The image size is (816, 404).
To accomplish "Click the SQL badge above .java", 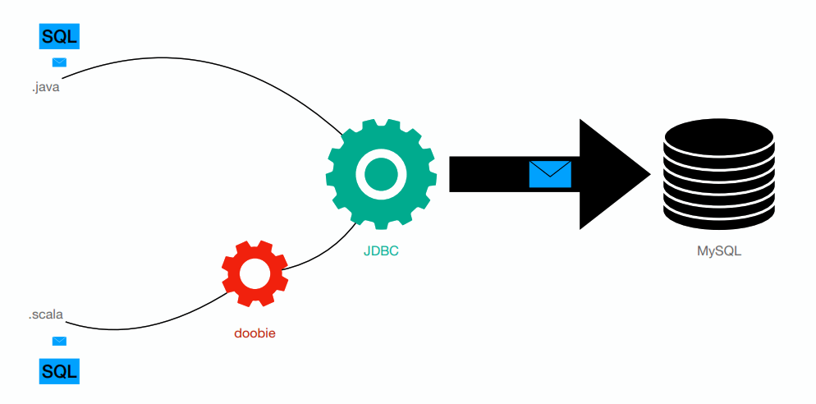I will tap(59, 36).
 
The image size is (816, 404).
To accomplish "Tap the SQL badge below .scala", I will tap(59, 371).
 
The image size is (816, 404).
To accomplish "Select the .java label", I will tap(46, 86).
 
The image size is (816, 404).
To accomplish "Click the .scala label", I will tap(47, 314).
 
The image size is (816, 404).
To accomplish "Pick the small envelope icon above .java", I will tap(59, 62).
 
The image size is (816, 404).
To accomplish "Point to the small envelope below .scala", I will tap(59, 341).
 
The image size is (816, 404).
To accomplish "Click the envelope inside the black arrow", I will tap(549, 174).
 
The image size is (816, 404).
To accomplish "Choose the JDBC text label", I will tap(381, 251).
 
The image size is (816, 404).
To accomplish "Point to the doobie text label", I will tap(254, 333).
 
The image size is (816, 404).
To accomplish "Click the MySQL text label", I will tap(718, 251).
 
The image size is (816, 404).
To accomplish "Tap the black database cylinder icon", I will tap(718, 177).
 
